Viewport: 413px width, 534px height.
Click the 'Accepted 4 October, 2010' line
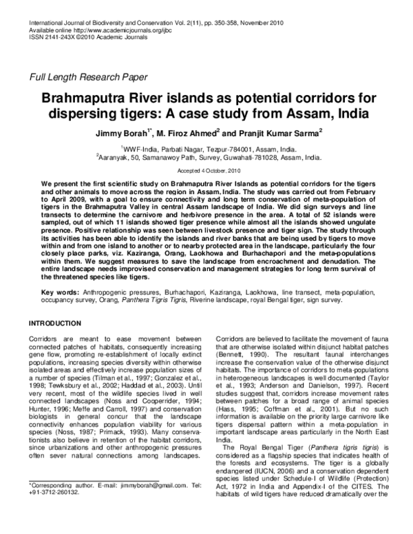206,169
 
